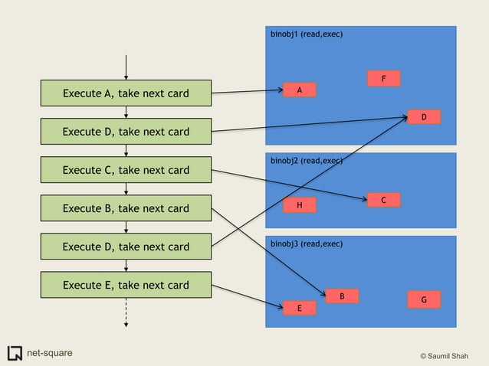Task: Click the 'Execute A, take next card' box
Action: coord(126,93)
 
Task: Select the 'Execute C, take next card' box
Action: coord(126,170)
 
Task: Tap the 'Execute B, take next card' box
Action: coord(126,208)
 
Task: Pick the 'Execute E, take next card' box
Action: coord(126,285)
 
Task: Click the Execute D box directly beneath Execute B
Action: coord(126,247)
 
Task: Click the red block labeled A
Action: coord(300,90)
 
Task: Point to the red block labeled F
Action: coord(383,79)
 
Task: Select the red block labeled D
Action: coord(423,117)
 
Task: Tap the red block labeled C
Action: coord(383,200)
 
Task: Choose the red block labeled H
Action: coord(300,205)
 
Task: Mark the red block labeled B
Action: coord(342,296)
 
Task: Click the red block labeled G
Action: coord(424,300)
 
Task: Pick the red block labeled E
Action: coord(300,308)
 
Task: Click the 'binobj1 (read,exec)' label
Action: coord(307,35)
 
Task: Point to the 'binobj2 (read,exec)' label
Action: coord(307,161)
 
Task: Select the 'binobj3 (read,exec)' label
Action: coord(307,243)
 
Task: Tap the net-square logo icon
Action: coord(15,353)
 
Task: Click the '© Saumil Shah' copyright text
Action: coord(450,355)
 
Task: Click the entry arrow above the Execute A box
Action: coord(126,67)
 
